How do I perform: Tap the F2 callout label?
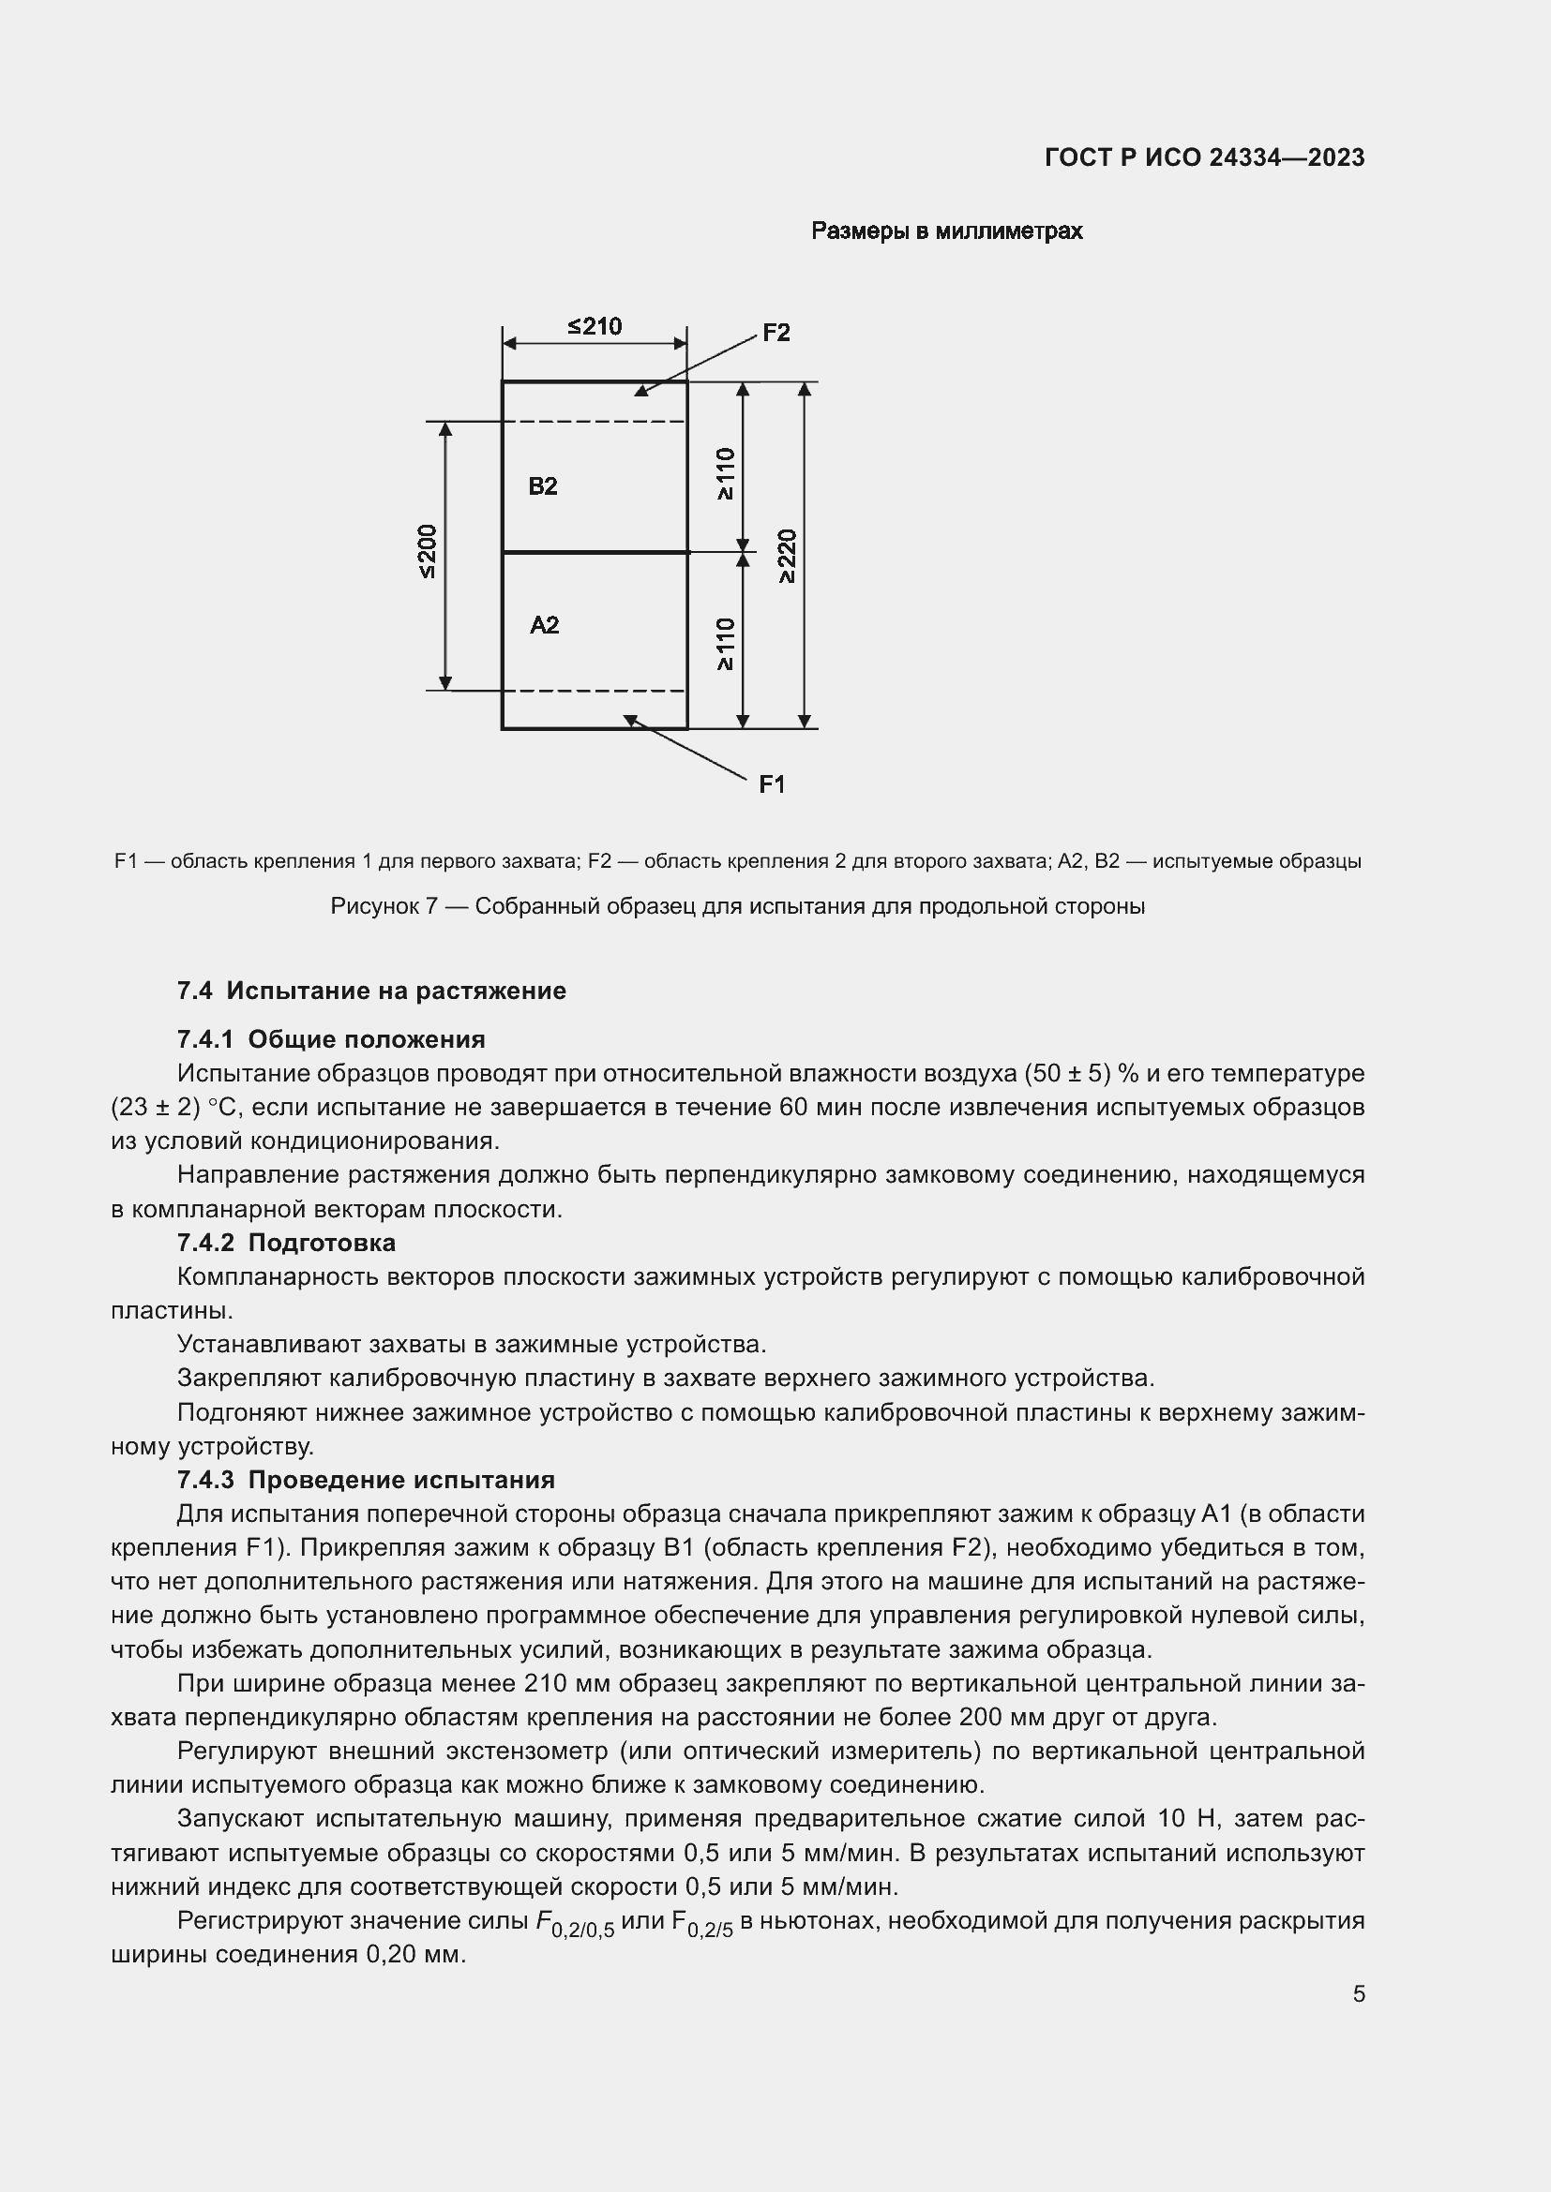[775, 334]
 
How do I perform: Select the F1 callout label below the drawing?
[772, 783]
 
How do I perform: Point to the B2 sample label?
[542, 486]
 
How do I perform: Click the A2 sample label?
[544, 625]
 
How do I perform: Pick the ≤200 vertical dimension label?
[428, 551]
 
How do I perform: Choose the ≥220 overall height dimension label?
[786, 556]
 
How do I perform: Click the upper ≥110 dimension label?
[726, 472]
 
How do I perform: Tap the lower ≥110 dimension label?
[726, 644]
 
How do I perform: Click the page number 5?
[1358, 1993]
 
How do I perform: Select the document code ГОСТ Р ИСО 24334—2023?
[1204, 157]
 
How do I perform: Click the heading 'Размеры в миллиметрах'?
[946, 231]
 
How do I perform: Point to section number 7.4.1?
[204, 1039]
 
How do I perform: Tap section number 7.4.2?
[204, 1243]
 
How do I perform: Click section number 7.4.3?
[204, 1480]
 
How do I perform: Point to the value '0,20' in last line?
[391, 1954]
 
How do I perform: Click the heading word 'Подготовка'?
[322, 1243]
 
